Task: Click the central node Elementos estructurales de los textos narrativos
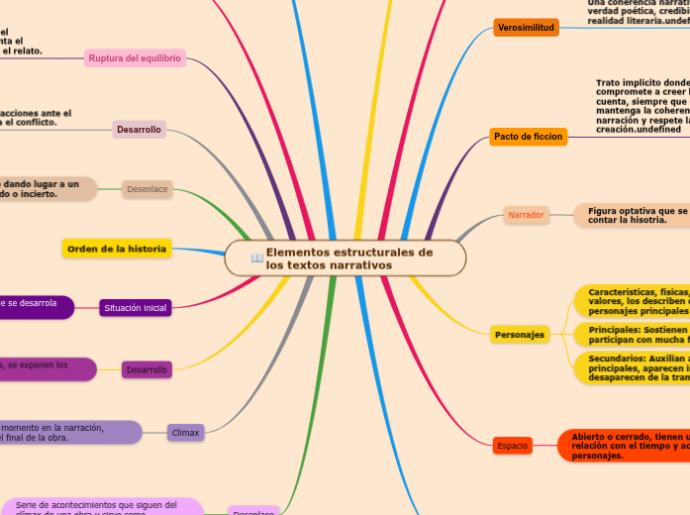click(x=345, y=258)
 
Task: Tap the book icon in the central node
click(x=256, y=258)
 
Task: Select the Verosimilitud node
click(x=526, y=28)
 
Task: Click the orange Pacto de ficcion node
click(x=529, y=137)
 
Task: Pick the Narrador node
click(x=526, y=215)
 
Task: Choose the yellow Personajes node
click(x=520, y=335)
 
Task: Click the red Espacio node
click(x=513, y=446)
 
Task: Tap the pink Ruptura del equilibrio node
click(x=135, y=58)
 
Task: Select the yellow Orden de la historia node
click(x=117, y=248)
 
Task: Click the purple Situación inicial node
click(x=136, y=308)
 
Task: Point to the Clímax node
click(x=185, y=432)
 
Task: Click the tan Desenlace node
click(x=148, y=187)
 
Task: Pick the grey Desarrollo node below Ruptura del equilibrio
click(x=139, y=130)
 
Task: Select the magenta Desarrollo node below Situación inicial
click(x=148, y=369)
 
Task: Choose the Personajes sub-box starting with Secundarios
click(x=632, y=366)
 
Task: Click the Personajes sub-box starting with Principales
click(x=632, y=335)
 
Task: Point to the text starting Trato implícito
click(x=641, y=106)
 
